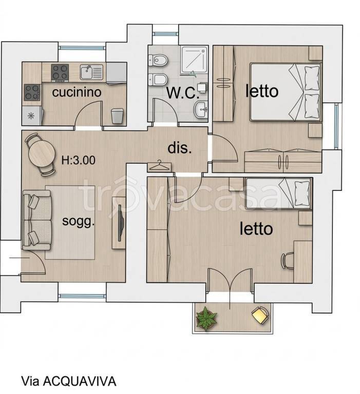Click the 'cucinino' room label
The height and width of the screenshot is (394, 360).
(x=77, y=92)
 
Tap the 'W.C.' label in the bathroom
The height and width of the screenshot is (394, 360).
(x=183, y=93)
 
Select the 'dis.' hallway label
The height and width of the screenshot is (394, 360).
(x=180, y=148)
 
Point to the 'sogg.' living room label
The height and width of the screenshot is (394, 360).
(x=78, y=222)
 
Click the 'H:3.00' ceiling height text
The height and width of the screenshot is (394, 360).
(x=79, y=160)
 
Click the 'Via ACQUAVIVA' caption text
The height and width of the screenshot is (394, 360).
(x=69, y=381)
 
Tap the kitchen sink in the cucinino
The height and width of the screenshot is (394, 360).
(x=91, y=72)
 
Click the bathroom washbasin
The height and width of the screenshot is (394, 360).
(x=201, y=109)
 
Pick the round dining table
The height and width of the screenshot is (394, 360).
(x=42, y=154)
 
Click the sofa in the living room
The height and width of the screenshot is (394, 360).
(x=37, y=220)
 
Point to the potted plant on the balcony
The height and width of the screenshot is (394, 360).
(x=206, y=319)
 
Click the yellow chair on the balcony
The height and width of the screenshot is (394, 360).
(x=260, y=315)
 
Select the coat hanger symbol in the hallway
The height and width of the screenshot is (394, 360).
(x=159, y=166)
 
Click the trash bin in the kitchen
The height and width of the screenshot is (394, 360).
(x=117, y=116)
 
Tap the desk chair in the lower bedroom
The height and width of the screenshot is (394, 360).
(x=287, y=261)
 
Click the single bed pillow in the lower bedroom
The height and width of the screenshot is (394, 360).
(x=302, y=193)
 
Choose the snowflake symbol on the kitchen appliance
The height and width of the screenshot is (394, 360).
(x=31, y=115)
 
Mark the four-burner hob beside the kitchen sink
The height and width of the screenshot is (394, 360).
(x=60, y=73)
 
